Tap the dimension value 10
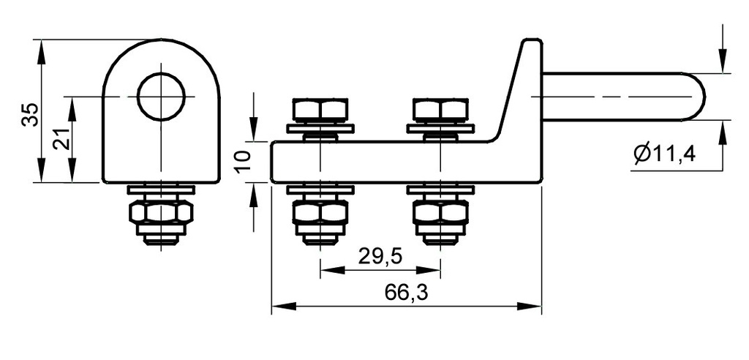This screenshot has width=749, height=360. point(245,160)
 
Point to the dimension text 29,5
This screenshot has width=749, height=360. point(380,256)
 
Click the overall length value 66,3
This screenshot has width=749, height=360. point(406,293)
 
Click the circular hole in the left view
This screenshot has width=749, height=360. point(160,96)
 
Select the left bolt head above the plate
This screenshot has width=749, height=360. point(320,110)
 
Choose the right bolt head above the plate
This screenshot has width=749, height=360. point(441,110)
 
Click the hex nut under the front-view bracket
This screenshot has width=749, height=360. point(160,213)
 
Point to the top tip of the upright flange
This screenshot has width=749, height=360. point(532,42)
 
